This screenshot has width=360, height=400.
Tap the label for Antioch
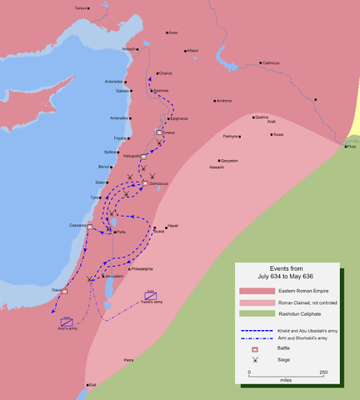129,48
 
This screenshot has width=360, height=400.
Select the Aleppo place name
192,50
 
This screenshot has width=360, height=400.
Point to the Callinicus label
269,62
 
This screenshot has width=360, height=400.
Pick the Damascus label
156,183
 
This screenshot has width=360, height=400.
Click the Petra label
128,360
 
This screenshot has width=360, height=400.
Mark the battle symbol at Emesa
159,132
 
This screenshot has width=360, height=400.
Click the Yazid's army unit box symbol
151,296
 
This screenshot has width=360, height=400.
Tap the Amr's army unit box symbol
66,322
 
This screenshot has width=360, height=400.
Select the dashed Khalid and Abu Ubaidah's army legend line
252,329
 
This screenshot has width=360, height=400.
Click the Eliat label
92,385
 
